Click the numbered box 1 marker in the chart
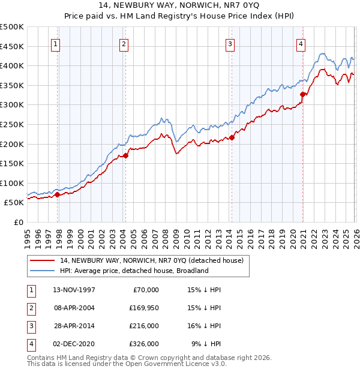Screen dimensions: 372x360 (55, 43)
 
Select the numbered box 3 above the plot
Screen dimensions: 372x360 (230, 43)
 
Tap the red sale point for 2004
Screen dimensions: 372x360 (125, 156)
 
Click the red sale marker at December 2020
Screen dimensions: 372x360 (303, 94)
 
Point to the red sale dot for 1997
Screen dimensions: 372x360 (58, 194)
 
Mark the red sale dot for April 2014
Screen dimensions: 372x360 (232, 137)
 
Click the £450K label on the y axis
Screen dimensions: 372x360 (12, 46)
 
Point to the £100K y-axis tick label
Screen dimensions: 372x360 (12, 183)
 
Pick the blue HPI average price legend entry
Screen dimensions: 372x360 (134, 271)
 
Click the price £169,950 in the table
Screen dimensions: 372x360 (144, 307)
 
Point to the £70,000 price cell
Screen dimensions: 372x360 (144, 289)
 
